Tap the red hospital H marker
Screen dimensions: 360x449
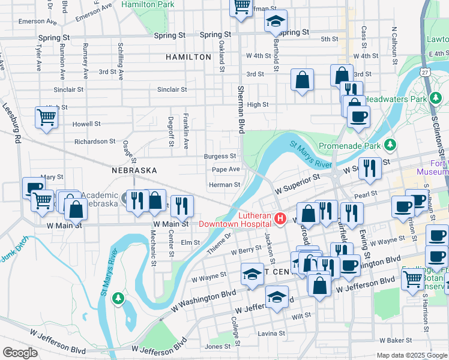279,217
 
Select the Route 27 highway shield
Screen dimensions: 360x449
425,72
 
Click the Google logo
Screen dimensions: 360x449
20,353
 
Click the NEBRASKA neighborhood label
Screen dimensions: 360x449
134,170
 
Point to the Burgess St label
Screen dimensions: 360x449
220,156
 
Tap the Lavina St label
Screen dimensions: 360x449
271,333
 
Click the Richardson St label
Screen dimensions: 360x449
94,142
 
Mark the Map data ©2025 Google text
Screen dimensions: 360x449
411,355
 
